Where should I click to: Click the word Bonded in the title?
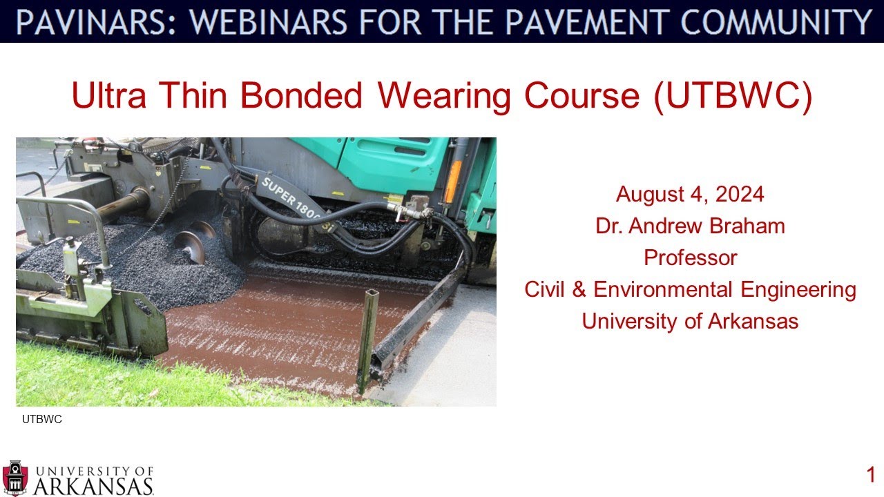click(x=301, y=97)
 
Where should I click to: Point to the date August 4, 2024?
click(x=690, y=194)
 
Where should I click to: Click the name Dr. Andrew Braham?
click(x=690, y=226)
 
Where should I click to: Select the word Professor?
click(x=690, y=257)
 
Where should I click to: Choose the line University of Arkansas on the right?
click(x=690, y=321)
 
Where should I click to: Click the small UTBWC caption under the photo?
click(x=42, y=419)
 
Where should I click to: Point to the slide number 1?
click(x=871, y=475)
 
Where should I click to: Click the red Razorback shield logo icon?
click(x=15, y=478)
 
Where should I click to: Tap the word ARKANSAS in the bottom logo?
click(x=93, y=485)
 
